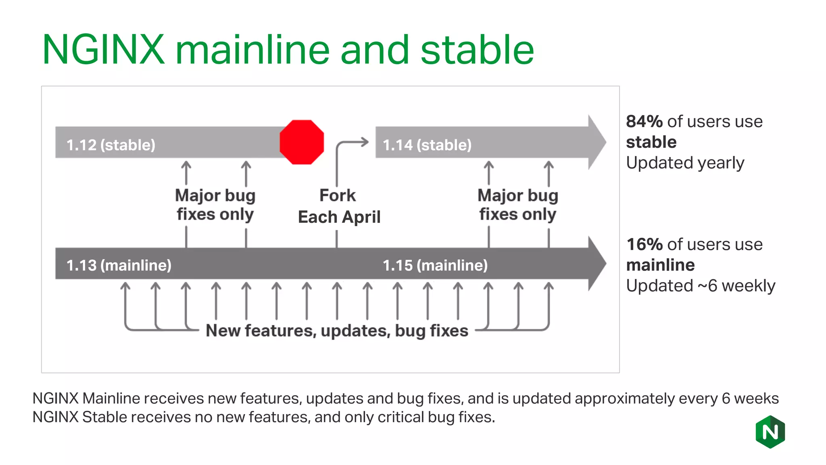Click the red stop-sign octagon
point(302,142)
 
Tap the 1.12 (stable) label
point(111,145)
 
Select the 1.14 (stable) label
point(427,145)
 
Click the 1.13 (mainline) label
point(119,265)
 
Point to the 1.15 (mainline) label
point(435,265)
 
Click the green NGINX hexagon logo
point(770,432)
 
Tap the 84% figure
point(645,121)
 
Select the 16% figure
point(645,245)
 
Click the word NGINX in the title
point(104,50)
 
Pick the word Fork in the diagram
point(338,195)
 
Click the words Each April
point(339,217)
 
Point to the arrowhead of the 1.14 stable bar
point(597,142)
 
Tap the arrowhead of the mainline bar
point(597,263)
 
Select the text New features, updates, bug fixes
point(337,331)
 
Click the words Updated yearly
point(685,163)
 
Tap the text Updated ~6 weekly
point(701,286)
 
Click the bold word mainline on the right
point(661,265)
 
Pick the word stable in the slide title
point(477,50)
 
